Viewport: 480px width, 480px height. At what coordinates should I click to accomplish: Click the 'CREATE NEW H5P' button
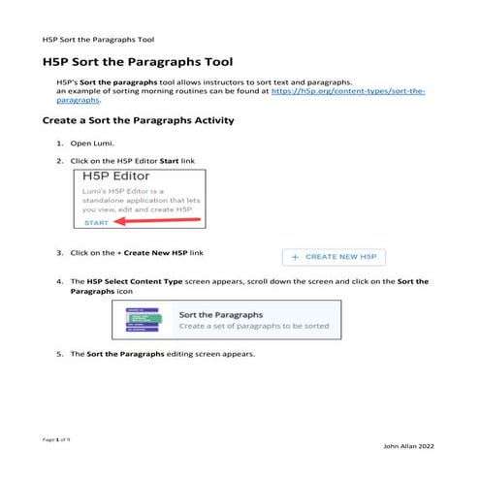click(334, 257)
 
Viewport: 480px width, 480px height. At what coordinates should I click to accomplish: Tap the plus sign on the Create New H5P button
click(295, 257)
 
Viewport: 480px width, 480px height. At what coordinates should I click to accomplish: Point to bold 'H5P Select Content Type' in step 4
click(132, 281)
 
